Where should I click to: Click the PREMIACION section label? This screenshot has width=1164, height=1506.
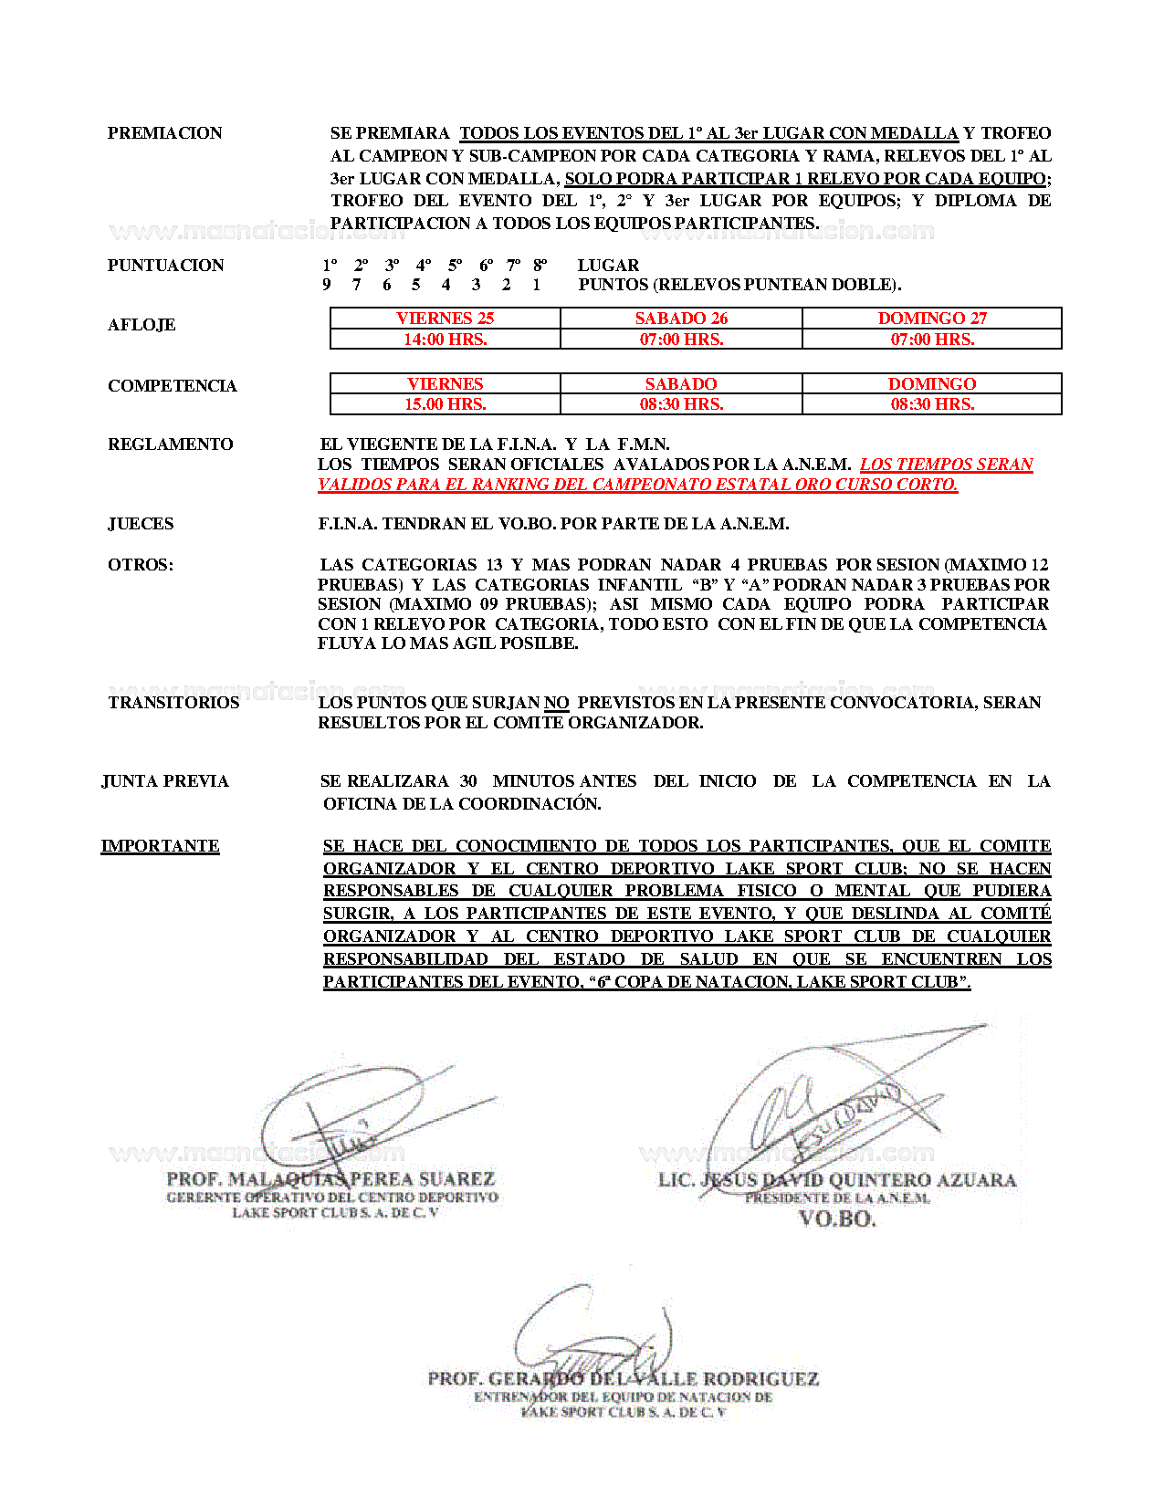(x=164, y=133)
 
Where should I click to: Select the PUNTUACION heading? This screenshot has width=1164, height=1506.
(x=165, y=266)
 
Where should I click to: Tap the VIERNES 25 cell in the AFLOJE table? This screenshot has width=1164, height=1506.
(x=445, y=318)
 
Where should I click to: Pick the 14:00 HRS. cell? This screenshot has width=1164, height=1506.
(x=445, y=339)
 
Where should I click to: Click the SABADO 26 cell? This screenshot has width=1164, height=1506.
(x=681, y=318)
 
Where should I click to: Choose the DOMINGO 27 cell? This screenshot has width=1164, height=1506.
(x=932, y=318)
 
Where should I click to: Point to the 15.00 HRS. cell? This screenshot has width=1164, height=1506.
(x=445, y=404)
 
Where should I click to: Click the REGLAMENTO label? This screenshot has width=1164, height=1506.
(x=170, y=444)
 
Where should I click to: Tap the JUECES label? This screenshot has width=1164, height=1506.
(x=141, y=524)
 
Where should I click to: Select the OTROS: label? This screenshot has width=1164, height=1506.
(x=141, y=565)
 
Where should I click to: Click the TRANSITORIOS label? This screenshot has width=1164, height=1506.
(x=173, y=703)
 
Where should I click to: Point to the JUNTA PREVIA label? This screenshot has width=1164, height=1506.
(x=165, y=781)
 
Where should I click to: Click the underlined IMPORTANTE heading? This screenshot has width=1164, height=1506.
(x=160, y=846)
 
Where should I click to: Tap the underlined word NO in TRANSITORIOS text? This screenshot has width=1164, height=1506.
(x=556, y=703)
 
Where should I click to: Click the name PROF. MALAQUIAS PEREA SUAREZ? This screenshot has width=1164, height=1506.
(x=330, y=1179)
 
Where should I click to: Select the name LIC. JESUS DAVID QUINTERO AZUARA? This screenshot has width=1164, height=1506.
(x=837, y=1180)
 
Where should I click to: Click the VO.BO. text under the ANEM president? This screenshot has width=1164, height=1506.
(x=837, y=1218)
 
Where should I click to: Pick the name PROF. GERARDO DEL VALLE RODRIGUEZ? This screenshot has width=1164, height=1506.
(x=623, y=1378)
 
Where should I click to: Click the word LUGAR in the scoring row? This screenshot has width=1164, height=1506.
(x=608, y=266)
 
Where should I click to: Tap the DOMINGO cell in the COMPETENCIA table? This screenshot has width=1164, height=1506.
(x=932, y=384)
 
